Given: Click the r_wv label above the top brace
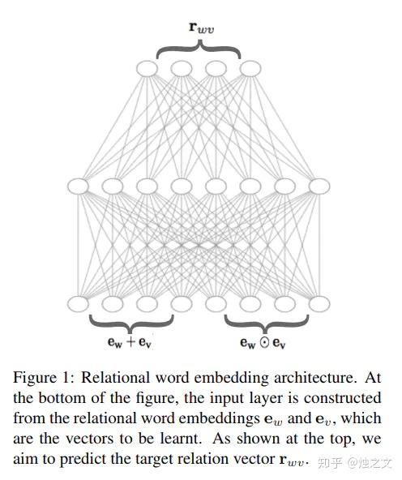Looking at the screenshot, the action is (202, 28).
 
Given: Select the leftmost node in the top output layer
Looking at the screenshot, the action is (147, 69).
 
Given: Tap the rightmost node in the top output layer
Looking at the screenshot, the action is (250, 69).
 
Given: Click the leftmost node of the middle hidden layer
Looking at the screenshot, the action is (78, 186).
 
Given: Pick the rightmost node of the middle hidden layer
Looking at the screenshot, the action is (319, 186).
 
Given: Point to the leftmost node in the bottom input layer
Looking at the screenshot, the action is (78, 304).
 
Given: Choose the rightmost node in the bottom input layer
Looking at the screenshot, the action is (319, 304).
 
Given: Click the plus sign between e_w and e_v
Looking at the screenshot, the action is (130, 341).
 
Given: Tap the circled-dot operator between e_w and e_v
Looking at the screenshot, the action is (264, 342).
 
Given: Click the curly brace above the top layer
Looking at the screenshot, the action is (199, 49).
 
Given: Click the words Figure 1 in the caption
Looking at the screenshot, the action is (44, 378).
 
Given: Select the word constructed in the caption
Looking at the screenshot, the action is (342, 398).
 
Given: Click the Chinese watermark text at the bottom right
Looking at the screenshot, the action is (355, 463).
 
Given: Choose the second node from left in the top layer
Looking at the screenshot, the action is (182, 69).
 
